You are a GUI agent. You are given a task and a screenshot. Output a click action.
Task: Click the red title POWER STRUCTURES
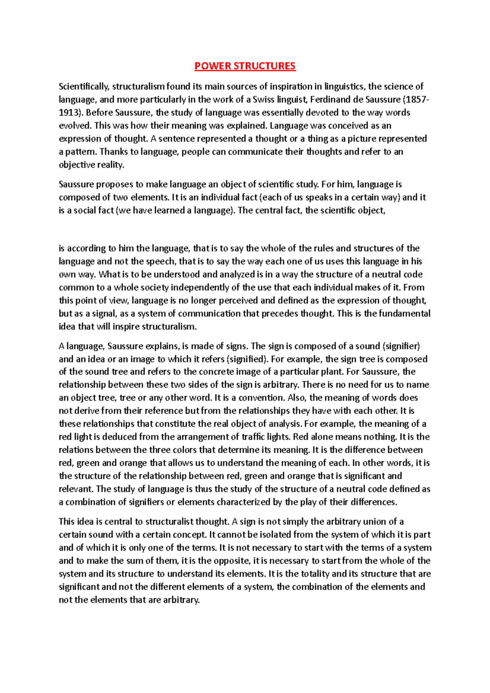pyautogui.click(x=245, y=66)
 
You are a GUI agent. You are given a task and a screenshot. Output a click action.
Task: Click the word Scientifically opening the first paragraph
pyautogui.click(x=84, y=87)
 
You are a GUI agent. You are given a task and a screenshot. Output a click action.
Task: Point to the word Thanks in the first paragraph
pyautogui.click(x=114, y=152)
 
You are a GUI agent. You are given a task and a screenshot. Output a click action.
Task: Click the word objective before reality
pyautogui.click(x=77, y=165)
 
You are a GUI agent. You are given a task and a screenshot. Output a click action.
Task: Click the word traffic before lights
pyautogui.click(x=253, y=437)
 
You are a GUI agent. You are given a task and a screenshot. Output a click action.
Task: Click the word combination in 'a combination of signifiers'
pyautogui.click(x=91, y=502)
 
